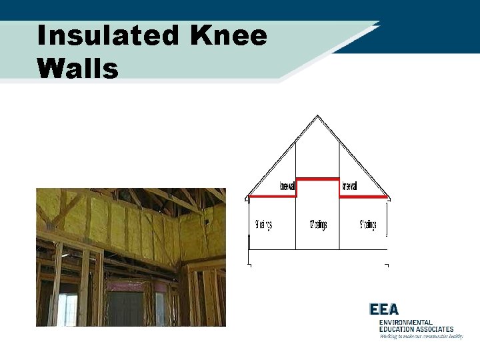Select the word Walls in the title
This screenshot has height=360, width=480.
(x=78, y=68)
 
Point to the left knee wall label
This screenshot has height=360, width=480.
(x=287, y=187)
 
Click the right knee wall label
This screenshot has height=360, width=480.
(x=349, y=187)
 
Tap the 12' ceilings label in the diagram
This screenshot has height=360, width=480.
(x=318, y=225)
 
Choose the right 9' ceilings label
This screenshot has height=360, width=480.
(x=368, y=225)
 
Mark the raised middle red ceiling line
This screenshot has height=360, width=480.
(x=317, y=179)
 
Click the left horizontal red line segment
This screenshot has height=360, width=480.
(x=271, y=197)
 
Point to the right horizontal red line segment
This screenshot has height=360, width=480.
(x=364, y=197)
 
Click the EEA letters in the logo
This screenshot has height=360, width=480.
(x=385, y=309)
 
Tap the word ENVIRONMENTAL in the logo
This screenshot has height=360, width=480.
(x=406, y=323)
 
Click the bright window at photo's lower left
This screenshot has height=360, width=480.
(x=67, y=309)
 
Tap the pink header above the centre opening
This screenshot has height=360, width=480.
(x=125, y=285)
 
